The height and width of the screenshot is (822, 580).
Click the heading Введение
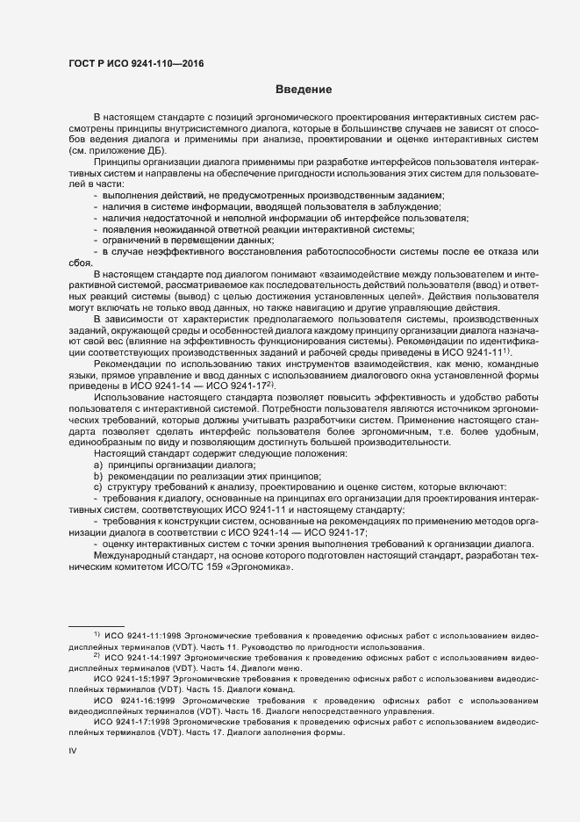click(304, 89)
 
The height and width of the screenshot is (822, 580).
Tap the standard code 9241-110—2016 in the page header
click(161, 62)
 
